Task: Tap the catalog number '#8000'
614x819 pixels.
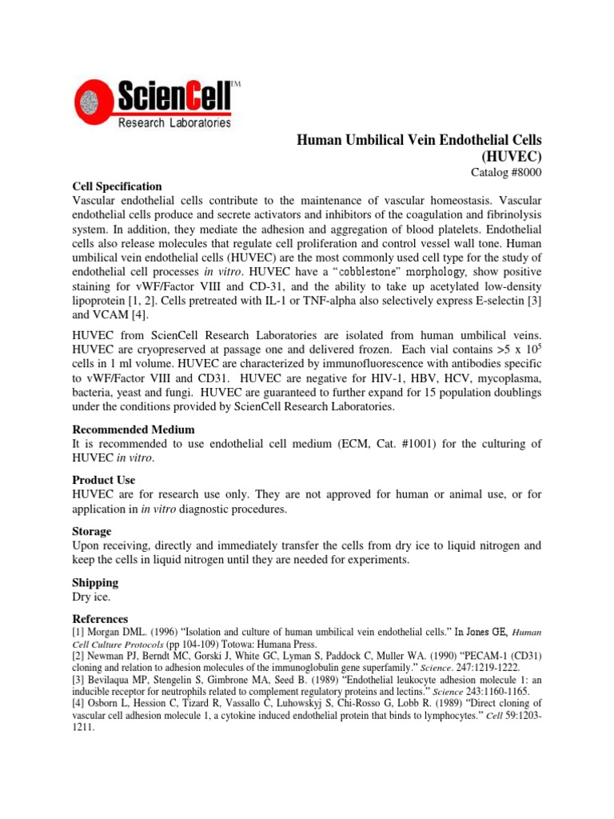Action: coord(526,173)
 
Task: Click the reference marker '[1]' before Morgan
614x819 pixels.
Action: coord(78,633)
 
